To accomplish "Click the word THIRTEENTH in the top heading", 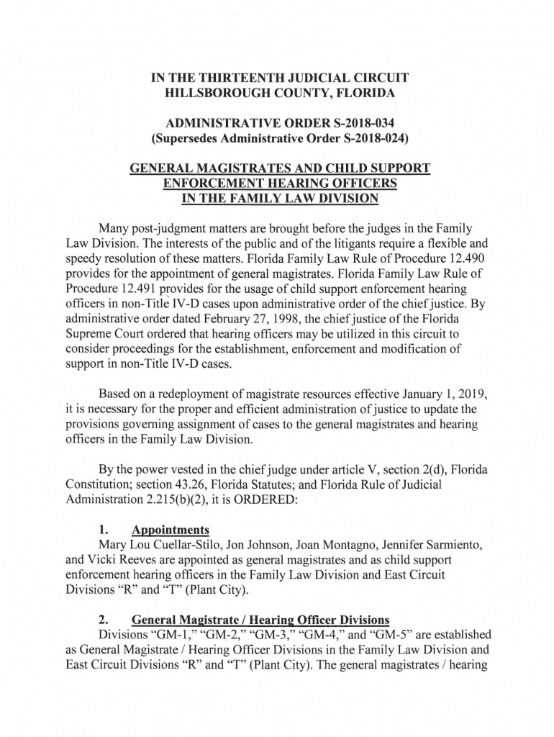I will [237, 77].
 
